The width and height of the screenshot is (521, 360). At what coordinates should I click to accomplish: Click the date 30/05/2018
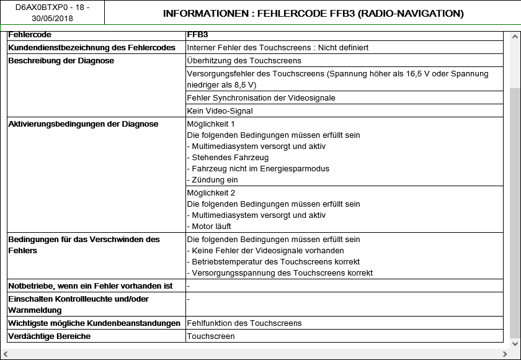(52, 19)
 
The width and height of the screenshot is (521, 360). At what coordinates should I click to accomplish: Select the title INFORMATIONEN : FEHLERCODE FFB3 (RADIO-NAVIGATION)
(313, 13)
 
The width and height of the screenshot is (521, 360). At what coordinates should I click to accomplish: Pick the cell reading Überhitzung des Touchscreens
(244, 61)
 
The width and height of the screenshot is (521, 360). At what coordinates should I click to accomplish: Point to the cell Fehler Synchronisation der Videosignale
(261, 98)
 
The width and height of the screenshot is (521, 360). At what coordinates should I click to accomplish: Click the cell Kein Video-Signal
(220, 111)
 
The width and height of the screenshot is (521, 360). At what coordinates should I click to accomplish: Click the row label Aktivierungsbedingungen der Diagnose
(83, 124)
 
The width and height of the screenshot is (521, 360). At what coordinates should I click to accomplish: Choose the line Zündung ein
(212, 180)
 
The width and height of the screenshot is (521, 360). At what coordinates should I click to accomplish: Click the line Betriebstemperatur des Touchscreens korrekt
(274, 262)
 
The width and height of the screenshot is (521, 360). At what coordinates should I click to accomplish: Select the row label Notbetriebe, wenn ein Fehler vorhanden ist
(91, 286)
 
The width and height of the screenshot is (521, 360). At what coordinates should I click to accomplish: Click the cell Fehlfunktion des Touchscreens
(244, 323)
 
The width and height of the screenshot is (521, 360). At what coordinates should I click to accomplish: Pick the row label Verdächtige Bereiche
(50, 336)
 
